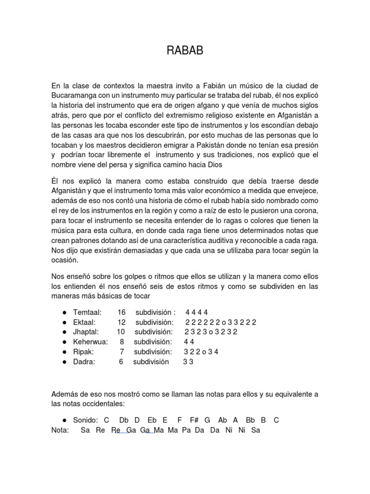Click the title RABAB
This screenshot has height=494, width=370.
(185, 51)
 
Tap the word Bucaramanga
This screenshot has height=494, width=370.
(75, 96)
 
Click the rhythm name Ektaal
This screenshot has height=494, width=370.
(84, 322)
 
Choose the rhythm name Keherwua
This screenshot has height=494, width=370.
(91, 342)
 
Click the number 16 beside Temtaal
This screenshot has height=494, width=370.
(121, 312)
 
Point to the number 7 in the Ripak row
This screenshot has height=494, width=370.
(122, 352)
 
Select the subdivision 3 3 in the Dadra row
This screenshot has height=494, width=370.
(188, 362)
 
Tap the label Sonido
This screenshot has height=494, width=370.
(86, 420)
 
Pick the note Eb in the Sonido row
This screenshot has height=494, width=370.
(153, 420)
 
